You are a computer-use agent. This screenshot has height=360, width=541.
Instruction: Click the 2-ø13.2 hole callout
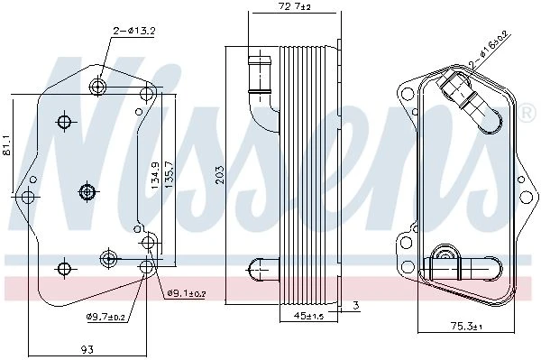tap(134, 31)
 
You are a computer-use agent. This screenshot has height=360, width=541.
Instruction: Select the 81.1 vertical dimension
tap(8, 145)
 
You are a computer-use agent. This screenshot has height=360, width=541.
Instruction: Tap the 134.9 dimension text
tap(155, 175)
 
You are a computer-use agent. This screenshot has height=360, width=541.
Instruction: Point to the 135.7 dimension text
tap(170, 175)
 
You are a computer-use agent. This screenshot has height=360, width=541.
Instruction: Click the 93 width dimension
tap(87, 349)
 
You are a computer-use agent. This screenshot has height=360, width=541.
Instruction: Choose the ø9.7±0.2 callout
tap(105, 316)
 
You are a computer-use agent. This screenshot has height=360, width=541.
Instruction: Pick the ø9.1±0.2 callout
tap(187, 293)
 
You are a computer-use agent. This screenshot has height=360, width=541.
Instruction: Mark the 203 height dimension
tap(219, 175)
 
